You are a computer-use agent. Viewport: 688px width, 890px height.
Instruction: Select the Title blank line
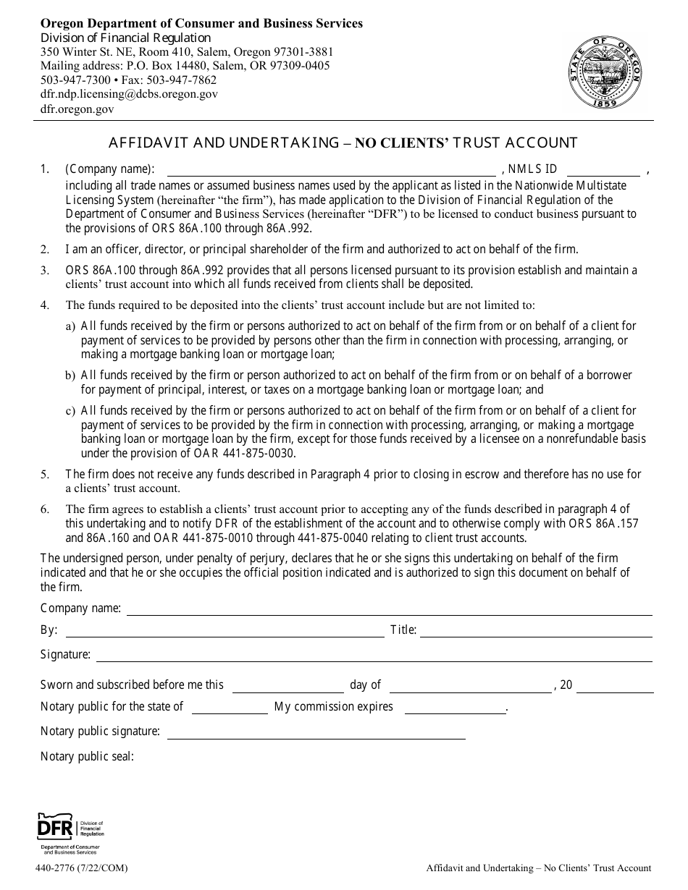click(x=535, y=631)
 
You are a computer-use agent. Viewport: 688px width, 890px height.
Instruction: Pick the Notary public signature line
click(x=316, y=732)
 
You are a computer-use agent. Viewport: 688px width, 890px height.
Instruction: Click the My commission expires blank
click(x=455, y=708)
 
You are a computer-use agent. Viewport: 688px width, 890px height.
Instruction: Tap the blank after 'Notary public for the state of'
click(x=229, y=708)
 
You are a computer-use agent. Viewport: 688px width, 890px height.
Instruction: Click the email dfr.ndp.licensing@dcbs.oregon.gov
click(x=129, y=94)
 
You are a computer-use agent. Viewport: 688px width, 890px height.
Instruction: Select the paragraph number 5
click(x=45, y=475)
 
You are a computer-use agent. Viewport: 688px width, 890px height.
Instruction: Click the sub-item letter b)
click(x=70, y=376)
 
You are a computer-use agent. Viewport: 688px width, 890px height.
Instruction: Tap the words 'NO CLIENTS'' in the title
click(x=402, y=143)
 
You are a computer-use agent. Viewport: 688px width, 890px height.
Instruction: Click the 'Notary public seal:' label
click(x=87, y=757)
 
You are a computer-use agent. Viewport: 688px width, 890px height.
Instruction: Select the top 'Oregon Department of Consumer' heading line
click(x=201, y=23)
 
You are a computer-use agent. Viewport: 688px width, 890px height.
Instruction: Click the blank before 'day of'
click(x=288, y=686)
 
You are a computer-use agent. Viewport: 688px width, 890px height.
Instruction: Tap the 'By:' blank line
click(x=225, y=631)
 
